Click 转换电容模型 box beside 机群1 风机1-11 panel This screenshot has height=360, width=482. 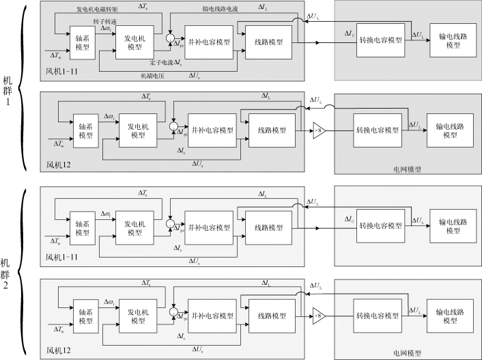point(380,40)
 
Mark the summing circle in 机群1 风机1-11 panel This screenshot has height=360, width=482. point(171,40)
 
